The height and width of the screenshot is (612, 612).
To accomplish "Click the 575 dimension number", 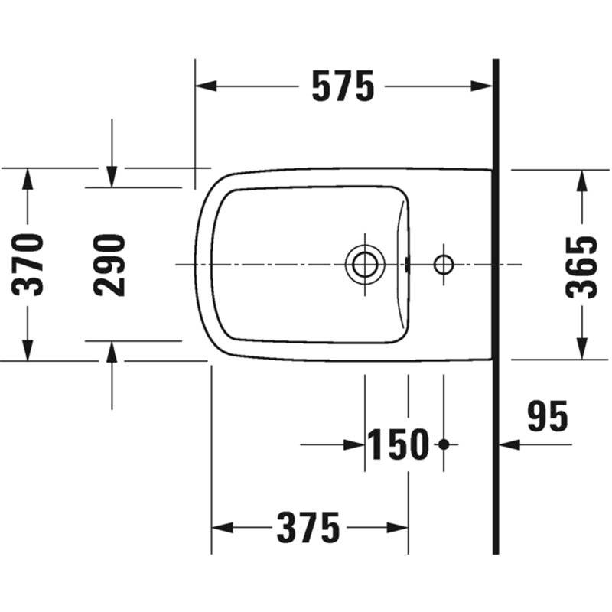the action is coord(343,86).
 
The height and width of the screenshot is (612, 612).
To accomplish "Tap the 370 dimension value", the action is coord(28,265).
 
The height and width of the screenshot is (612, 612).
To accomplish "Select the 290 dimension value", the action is coord(109,265).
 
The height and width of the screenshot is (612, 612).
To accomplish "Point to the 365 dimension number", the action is coord(581,267).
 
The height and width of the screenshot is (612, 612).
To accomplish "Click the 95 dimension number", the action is coord(547,416).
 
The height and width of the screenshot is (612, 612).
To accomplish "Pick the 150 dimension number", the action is coord(398,444).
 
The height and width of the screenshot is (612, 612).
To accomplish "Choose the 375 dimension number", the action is coord(308,528).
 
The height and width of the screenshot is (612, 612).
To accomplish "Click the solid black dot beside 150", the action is coord(444,444).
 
